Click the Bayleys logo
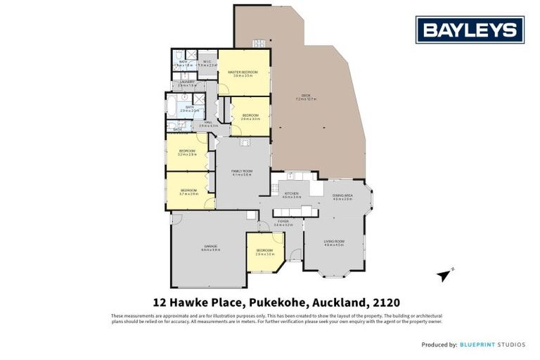pos(470,30)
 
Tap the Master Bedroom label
pos(243,72)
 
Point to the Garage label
pos(210,246)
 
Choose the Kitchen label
pos(290,193)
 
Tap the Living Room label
pos(333,242)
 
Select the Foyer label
pos(283,221)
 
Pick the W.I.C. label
pos(207,62)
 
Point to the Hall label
pos(208,122)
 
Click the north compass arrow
pos(443,274)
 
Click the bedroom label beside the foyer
pos(264,250)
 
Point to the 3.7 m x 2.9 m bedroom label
pos(188,191)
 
